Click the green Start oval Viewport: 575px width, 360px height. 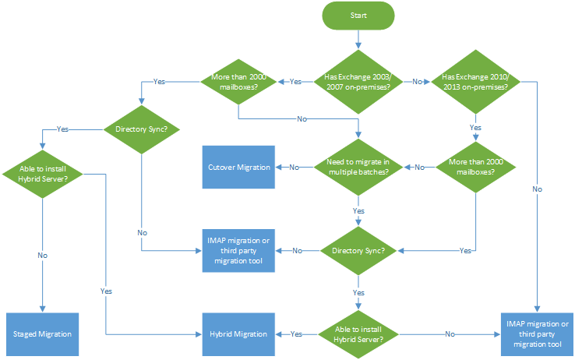tap(358, 16)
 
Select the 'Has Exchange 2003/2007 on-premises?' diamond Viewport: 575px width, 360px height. tap(358, 81)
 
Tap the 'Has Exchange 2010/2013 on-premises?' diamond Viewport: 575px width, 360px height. tap(475, 81)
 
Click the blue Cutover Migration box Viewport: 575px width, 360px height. tap(239, 167)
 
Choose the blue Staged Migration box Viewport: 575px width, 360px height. tap(43, 334)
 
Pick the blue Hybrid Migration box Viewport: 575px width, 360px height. tap(239, 334)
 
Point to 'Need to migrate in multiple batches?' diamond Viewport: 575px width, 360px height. tap(358, 167)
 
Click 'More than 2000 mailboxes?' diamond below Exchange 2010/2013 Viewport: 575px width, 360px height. tap(475, 167)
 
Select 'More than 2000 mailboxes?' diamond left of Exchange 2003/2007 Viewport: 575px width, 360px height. tap(238, 81)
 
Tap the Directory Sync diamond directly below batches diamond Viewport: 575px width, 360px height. tap(358, 250)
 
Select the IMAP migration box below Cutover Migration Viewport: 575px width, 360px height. tap(239, 250)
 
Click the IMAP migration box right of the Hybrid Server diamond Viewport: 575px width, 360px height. tap(538, 334)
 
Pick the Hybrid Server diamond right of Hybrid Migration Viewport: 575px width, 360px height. tap(358, 334)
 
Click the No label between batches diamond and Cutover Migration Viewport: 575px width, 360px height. tap(295, 167)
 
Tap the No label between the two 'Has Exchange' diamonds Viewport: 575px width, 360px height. tap(417, 81)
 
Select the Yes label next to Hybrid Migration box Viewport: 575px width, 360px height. tap(296, 334)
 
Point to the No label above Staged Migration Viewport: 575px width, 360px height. tap(43, 254)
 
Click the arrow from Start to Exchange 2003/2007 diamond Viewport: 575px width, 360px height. tap(358, 41)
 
